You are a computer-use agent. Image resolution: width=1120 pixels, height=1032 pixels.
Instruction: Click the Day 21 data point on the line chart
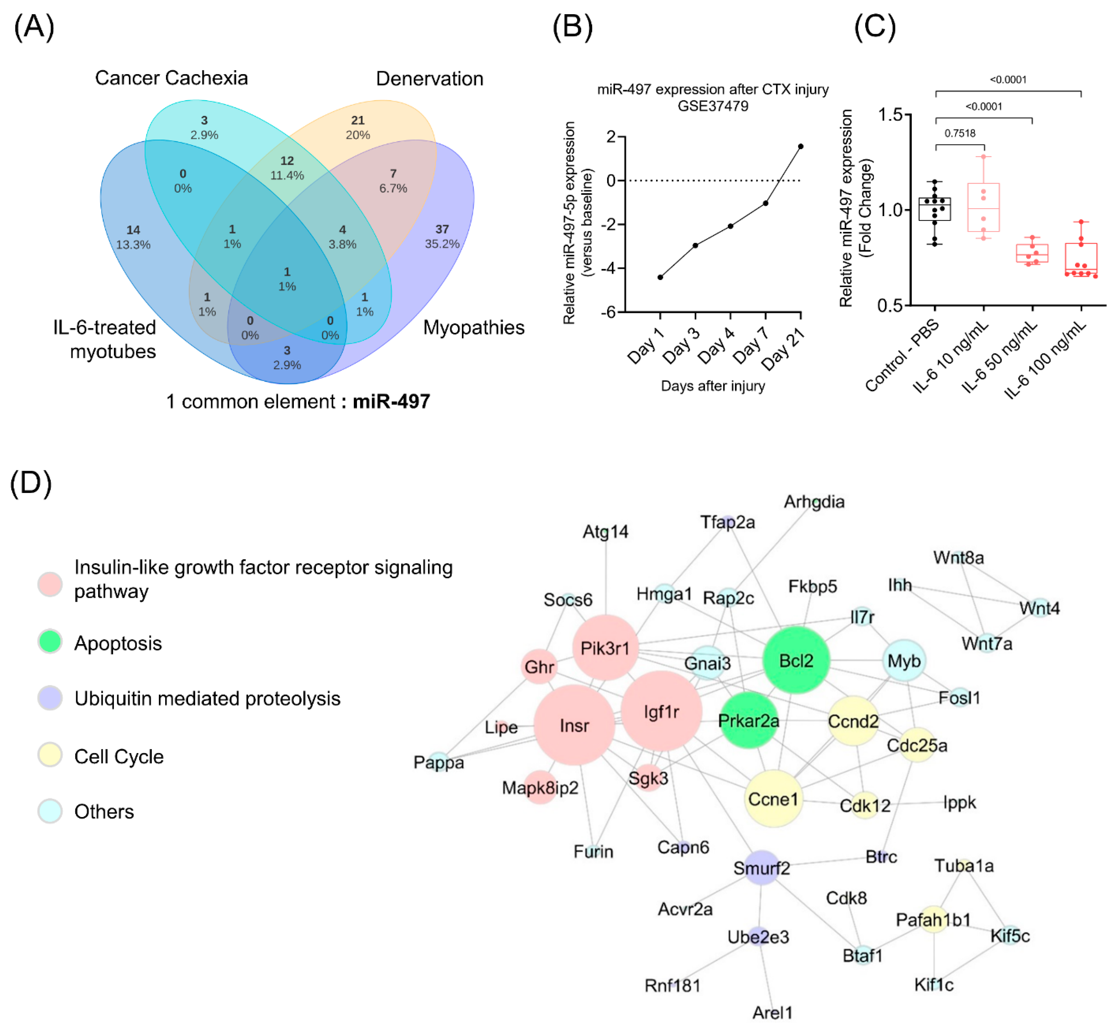tap(800, 146)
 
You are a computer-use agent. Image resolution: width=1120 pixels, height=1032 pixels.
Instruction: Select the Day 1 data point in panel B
tap(660, 277)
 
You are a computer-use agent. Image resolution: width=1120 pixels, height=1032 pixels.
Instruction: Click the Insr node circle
tap(574, 725)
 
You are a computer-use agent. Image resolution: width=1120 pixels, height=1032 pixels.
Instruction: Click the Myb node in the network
tap(904, 661)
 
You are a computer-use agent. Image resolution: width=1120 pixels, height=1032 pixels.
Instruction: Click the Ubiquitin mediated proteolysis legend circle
tap(50, 698)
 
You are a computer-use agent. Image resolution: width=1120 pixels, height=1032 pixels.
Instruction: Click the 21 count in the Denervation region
tap(358, 120)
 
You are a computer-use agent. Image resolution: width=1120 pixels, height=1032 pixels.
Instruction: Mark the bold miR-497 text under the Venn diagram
tap(391, 401)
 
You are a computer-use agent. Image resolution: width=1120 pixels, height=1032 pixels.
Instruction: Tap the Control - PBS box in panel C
tap(935, 209)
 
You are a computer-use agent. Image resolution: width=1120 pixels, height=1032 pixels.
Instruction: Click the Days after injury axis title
tap(713, 386)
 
